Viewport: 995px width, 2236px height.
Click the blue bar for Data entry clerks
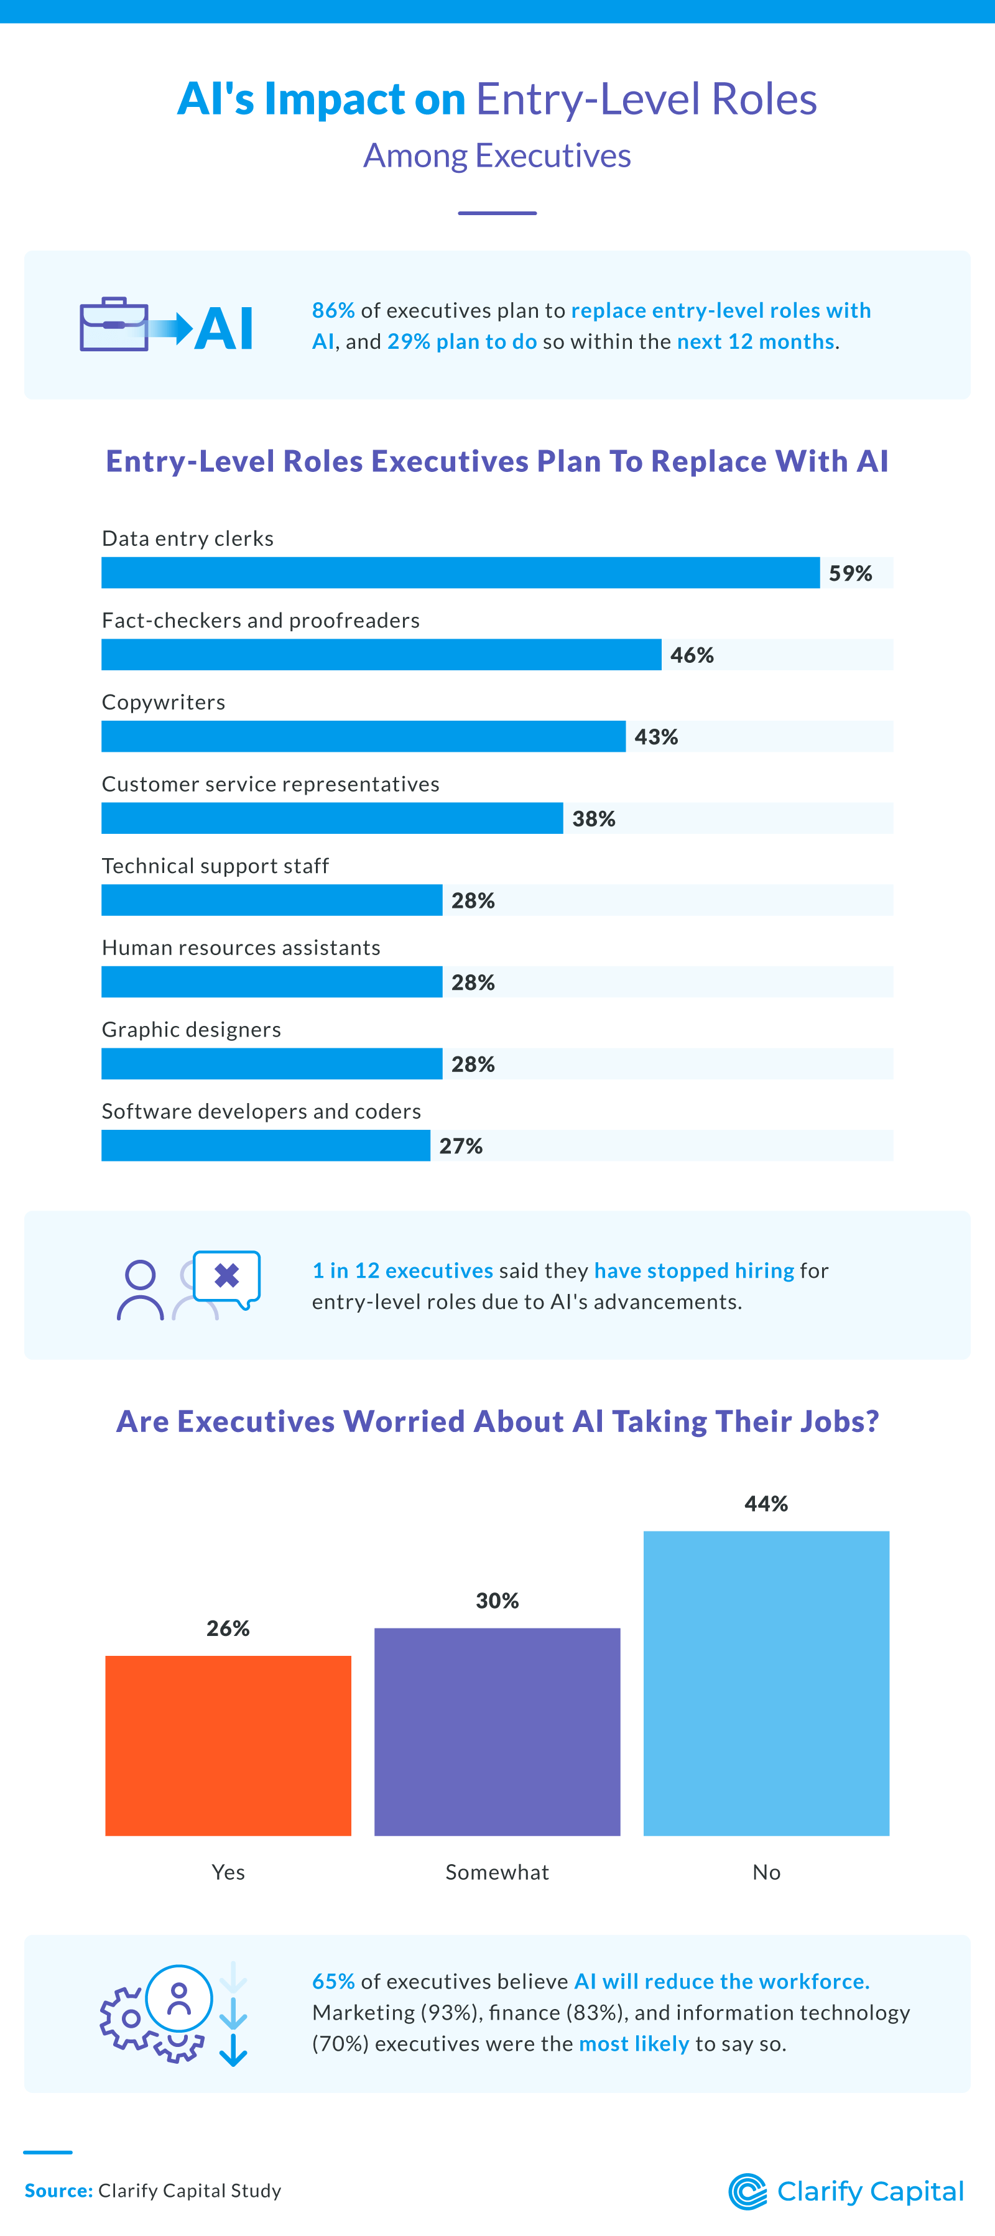pyautogui.click(x=460, y=573)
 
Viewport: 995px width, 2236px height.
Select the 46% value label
pyautogui.click(x=692, y=655)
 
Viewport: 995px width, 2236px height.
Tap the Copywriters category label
pyautogui.click(x=163, y=702)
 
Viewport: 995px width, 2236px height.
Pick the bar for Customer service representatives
pyautogui.click(x=331, y=818)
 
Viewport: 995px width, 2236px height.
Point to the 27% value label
pyautogui.click(x=461, y=1146)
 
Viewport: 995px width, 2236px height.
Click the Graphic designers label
pyautogui.click(x=191, y=1030)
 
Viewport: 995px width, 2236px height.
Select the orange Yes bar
pyautogui.click(x=228, y=1745)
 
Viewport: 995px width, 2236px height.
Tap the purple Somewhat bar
pyautogui.click(x=497, y=1732)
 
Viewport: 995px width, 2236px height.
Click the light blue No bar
pyautogui.click(x=767, y=1683)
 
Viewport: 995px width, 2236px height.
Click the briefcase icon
pyautogui.click(x=114, y=325)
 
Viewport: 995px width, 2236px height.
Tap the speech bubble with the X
pyautogui.click(x=226, y=1277)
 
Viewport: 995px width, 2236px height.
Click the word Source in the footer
pyautogui.click(x=58, y=2191)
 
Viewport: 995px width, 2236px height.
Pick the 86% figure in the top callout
pyautogui.click(x=333, y=311)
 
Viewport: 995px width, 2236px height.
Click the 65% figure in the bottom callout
pyautogui.click(x=333, y=1982)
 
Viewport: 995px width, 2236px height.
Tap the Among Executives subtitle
pyautogui.click(x=497, y=156)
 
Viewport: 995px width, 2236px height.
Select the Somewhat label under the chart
pyautogui.click(x=497, y=1872)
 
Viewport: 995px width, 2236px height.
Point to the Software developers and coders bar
pyautogui.click(x=266, y=1146)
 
